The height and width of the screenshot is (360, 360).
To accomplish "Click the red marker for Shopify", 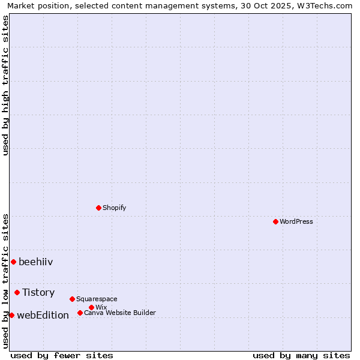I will point(98,208).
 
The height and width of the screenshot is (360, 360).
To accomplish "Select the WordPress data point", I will point(275,221).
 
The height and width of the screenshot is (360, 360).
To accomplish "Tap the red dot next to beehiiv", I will point(13,262).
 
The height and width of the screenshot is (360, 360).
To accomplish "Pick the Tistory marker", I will point(17,292).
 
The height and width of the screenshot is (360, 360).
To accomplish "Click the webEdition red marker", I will point(11,315).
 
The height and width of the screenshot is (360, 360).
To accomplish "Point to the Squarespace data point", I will point(72,299).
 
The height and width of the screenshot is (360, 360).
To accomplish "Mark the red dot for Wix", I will point(91,307).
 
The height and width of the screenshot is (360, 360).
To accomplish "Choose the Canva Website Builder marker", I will point(80,313).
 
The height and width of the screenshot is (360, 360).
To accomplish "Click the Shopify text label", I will point(114,208).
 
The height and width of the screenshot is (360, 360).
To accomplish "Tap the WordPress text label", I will point(296,221).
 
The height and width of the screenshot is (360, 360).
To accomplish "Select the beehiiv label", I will point(36,262).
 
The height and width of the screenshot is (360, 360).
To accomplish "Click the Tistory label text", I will point(38,292).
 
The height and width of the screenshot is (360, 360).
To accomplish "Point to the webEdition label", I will point(43,315).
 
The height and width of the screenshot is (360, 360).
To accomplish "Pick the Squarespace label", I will point(97,299).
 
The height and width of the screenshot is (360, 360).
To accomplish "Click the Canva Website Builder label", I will point(120,313).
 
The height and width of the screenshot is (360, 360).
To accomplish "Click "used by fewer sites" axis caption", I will point(62,355).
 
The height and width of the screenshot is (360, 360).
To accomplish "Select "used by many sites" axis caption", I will point(301,355).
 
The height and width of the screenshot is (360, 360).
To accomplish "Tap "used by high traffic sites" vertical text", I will point(5,85).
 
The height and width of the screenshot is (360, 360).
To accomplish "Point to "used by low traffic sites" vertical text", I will point(5,281).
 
